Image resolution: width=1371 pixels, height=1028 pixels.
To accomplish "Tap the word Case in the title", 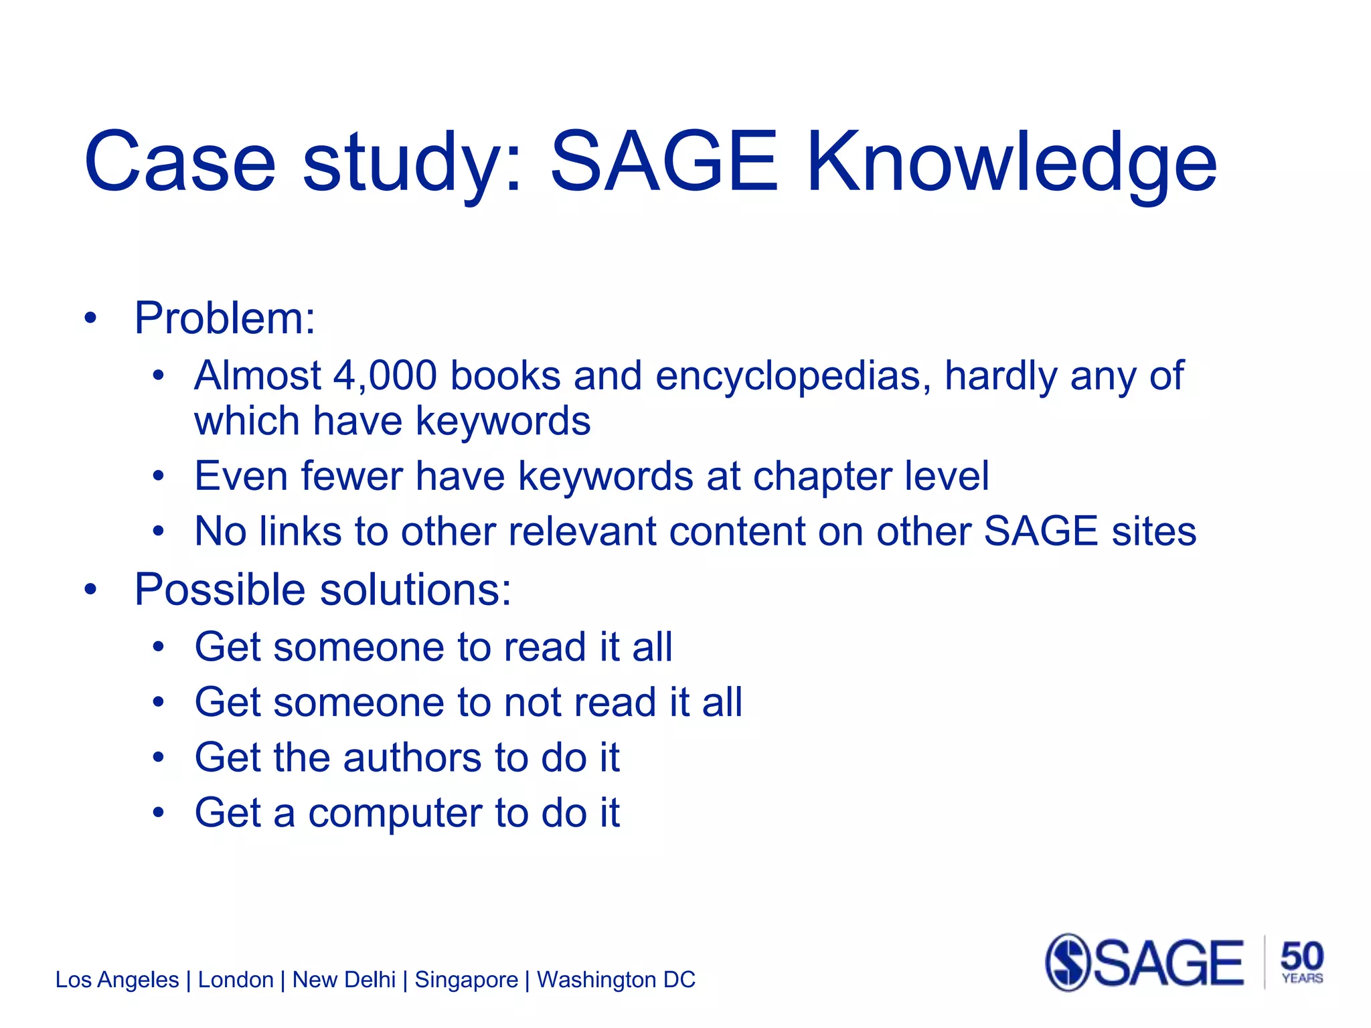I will (x=179, y=163).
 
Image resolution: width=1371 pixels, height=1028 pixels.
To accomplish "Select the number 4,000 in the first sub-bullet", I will (x=385, y=375).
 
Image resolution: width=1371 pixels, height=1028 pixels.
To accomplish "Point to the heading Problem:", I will (x=224, y=318).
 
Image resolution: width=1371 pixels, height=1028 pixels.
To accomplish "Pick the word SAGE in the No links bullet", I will (x=1040, y=531).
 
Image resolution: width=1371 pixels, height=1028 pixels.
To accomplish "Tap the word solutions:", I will (x=416, y=590).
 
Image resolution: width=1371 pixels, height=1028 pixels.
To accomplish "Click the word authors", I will (x=412, y=758).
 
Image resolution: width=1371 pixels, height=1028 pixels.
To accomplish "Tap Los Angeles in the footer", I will (x=117, y=980).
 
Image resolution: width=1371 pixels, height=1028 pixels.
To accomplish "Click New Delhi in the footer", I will (x=344, y=980).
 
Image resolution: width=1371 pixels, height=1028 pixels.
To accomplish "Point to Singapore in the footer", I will (x=466, y=980).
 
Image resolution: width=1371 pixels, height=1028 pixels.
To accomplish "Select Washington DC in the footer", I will (x=616, y=980).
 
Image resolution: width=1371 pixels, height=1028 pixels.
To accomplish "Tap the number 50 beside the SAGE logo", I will (x=1301, y=956).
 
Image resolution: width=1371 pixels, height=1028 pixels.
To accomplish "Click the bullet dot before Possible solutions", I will (x=90, y=590).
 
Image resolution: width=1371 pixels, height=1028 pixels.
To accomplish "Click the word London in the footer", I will (x=236, y=980).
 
